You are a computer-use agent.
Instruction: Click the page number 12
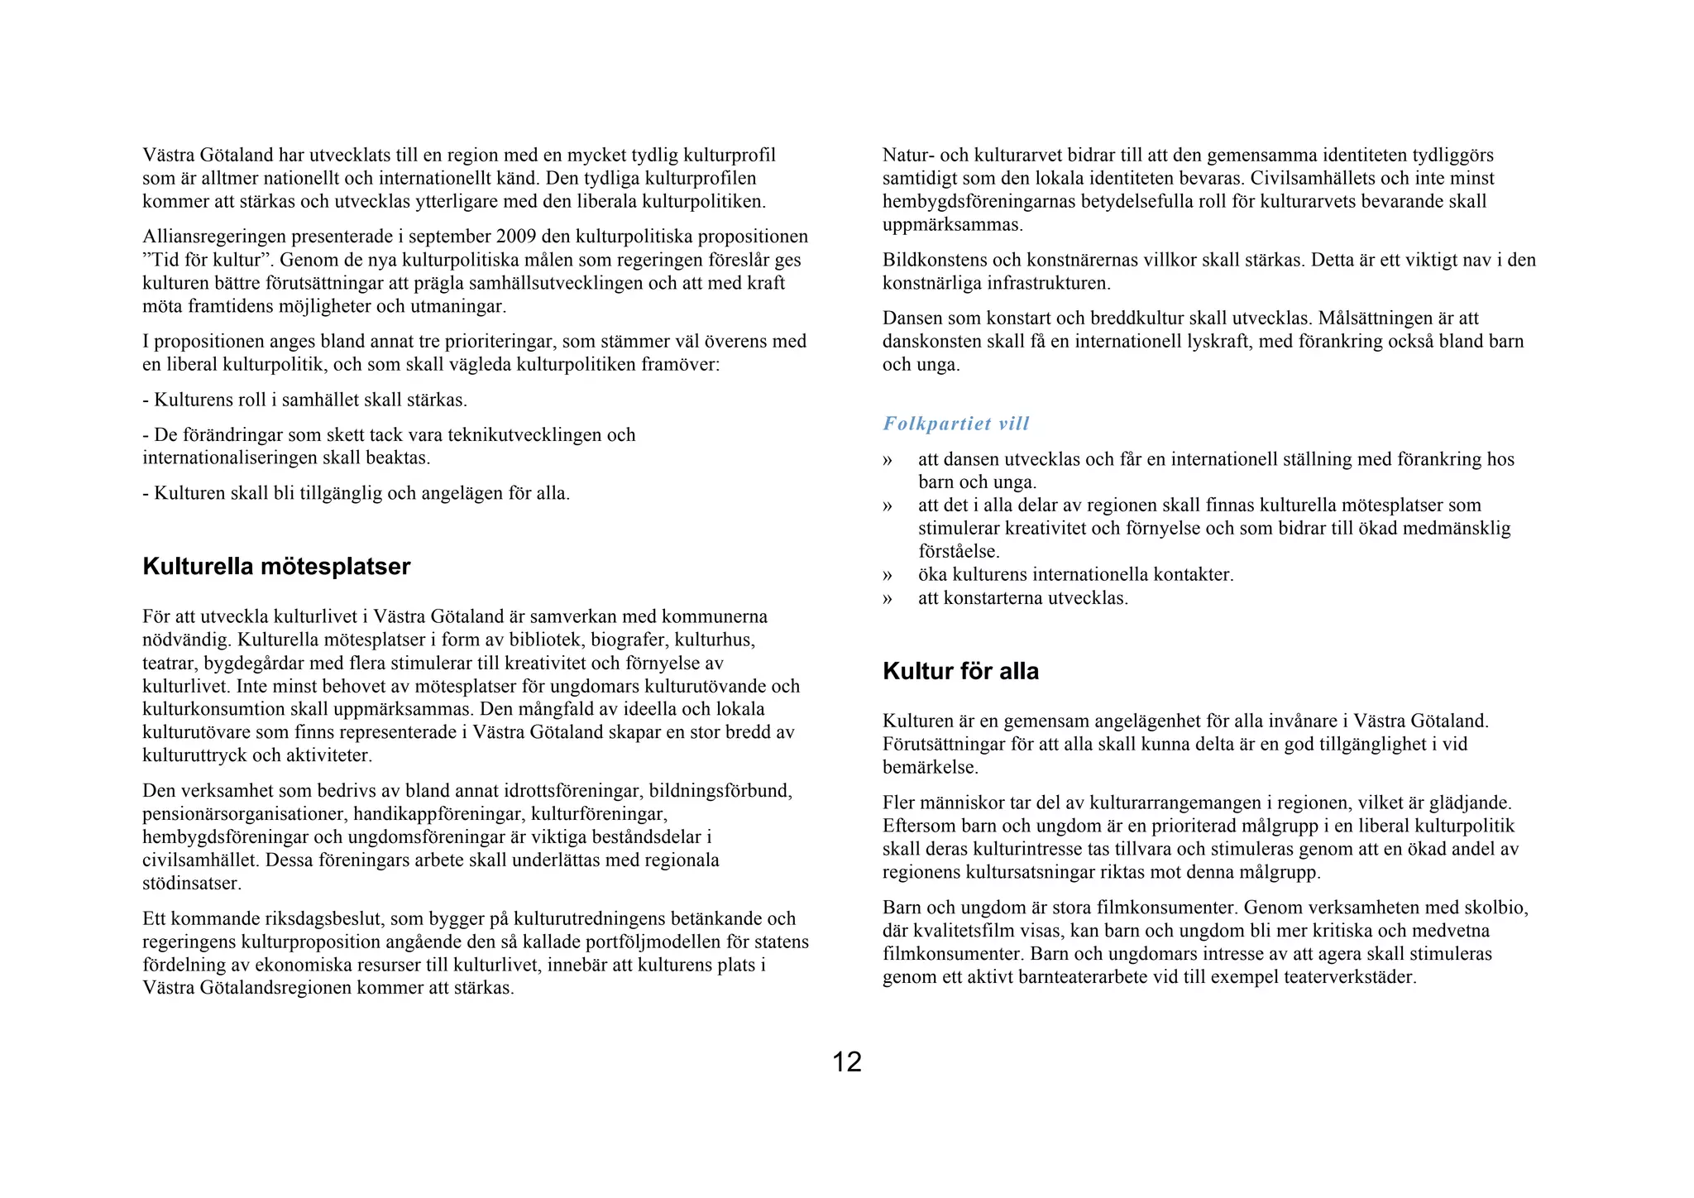click(x=846, y=1062)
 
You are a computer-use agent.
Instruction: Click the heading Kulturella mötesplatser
click(x=276, y=567)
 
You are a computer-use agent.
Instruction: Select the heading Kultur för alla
click(x=960, y=671)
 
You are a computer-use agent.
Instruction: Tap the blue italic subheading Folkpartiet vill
click(x=955, y=424)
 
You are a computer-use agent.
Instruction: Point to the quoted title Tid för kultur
click(x=202, y=260)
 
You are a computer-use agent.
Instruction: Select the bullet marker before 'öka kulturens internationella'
click(x=888, y=574)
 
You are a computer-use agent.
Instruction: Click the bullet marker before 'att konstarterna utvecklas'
click(x=888, y=597)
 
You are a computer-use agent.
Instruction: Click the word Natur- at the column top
click(x=908, y=155)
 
